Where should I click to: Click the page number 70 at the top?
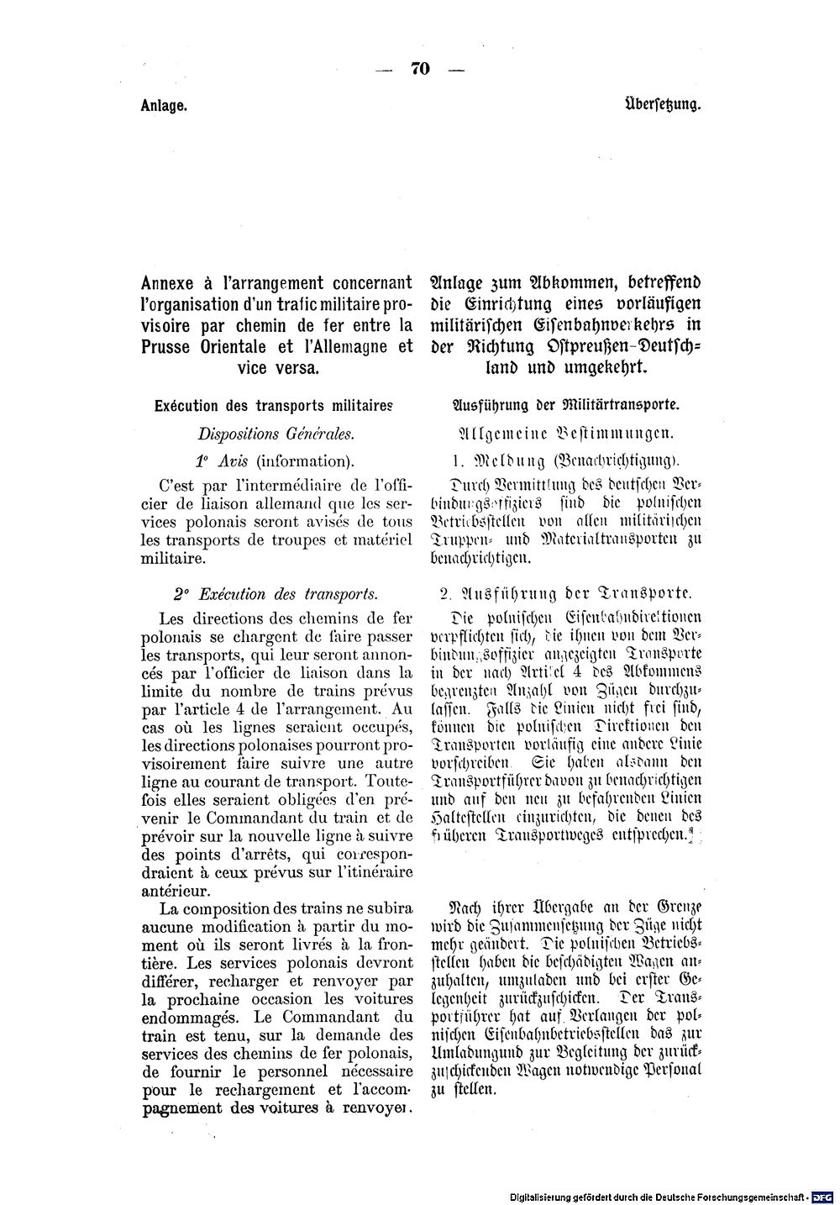point(420,70)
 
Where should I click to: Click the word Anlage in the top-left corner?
point(163,108)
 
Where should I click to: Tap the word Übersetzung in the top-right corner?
point(664,107)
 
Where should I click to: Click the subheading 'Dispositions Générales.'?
point(276,434)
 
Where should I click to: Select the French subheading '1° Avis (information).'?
point(274,460)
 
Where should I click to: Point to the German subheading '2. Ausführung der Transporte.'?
point(564,594)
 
